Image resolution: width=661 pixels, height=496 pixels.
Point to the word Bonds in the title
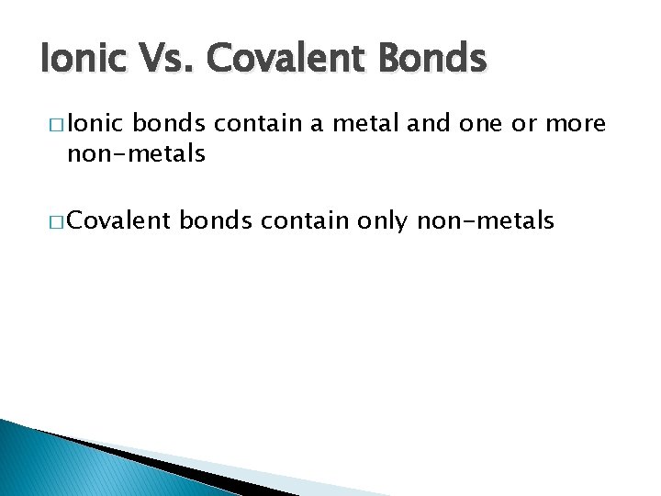click(430, 60)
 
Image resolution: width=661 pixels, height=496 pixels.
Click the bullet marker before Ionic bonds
click(52, 124)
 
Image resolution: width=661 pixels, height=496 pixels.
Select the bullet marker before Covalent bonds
click(52, 220)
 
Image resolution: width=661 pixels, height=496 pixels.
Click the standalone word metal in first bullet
click(364, 123)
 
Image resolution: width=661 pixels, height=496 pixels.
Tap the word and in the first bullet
click(429, 123)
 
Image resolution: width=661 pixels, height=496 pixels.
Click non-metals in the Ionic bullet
click(135, 153)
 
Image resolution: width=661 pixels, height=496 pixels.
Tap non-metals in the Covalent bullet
click(486, 220)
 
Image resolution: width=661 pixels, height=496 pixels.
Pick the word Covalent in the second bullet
click(118, 220)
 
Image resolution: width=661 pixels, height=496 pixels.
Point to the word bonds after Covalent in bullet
click(214, 220)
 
